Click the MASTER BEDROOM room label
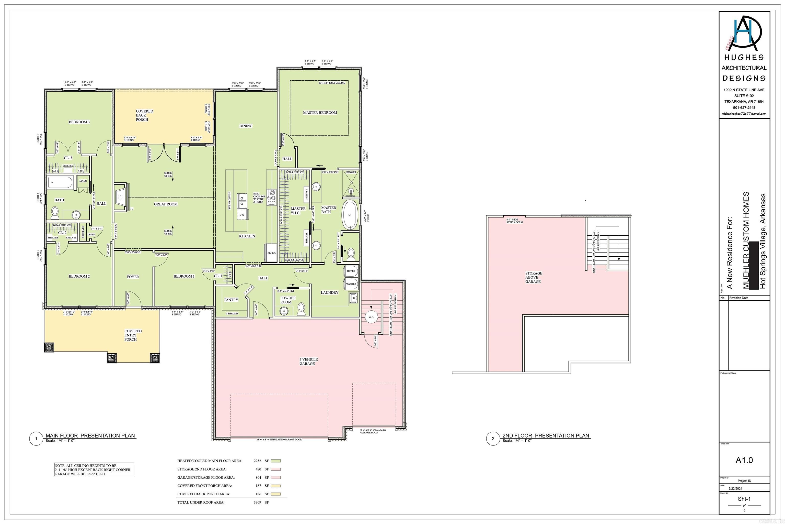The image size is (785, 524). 320,113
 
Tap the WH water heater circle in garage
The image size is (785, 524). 371,316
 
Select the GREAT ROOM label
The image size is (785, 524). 166,204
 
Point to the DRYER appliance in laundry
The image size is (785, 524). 351,271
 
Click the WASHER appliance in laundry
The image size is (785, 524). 351,284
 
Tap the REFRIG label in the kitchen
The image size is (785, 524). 272,253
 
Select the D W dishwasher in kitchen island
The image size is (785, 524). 242,215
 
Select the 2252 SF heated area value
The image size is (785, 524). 257,461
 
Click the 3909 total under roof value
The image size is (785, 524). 257,502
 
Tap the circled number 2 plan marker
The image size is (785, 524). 493,439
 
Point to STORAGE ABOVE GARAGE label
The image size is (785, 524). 533,277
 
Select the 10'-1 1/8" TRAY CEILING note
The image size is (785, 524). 332,83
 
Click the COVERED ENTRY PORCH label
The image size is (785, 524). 133,335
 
